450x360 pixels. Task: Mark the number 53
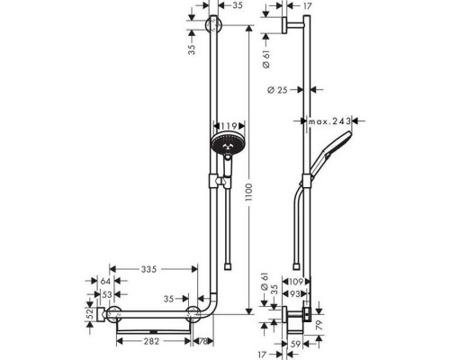[105, 293]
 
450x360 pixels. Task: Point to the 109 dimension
[301, 282]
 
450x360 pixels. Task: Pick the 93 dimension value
[301, 293]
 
